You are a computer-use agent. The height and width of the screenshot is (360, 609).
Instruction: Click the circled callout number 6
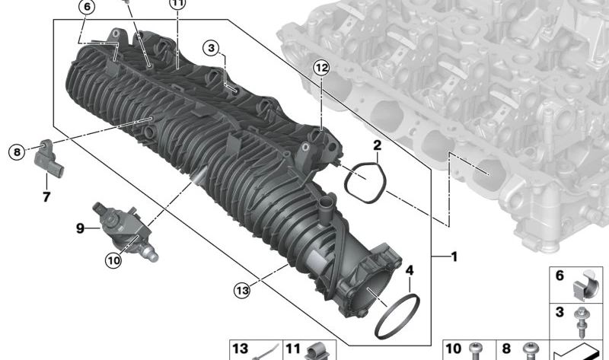coord(87,7)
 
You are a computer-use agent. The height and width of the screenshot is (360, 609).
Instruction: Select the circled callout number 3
coord(211,48)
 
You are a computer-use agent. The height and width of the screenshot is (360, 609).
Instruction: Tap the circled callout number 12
coord(321,68)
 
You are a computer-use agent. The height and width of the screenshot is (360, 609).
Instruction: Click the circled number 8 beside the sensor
coord(17,151)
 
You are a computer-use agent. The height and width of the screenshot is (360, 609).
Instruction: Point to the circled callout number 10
coord(113,260)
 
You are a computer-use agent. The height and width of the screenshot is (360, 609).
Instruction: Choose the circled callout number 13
coord(242,290)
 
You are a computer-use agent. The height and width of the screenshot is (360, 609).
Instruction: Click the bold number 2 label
coord(377,145)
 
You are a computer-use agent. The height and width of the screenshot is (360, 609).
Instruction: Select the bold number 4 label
coord(410,270)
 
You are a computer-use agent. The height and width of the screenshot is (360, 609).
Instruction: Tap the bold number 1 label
coord(453,256)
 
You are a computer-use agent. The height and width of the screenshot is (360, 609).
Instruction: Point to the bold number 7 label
coord(46,197)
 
